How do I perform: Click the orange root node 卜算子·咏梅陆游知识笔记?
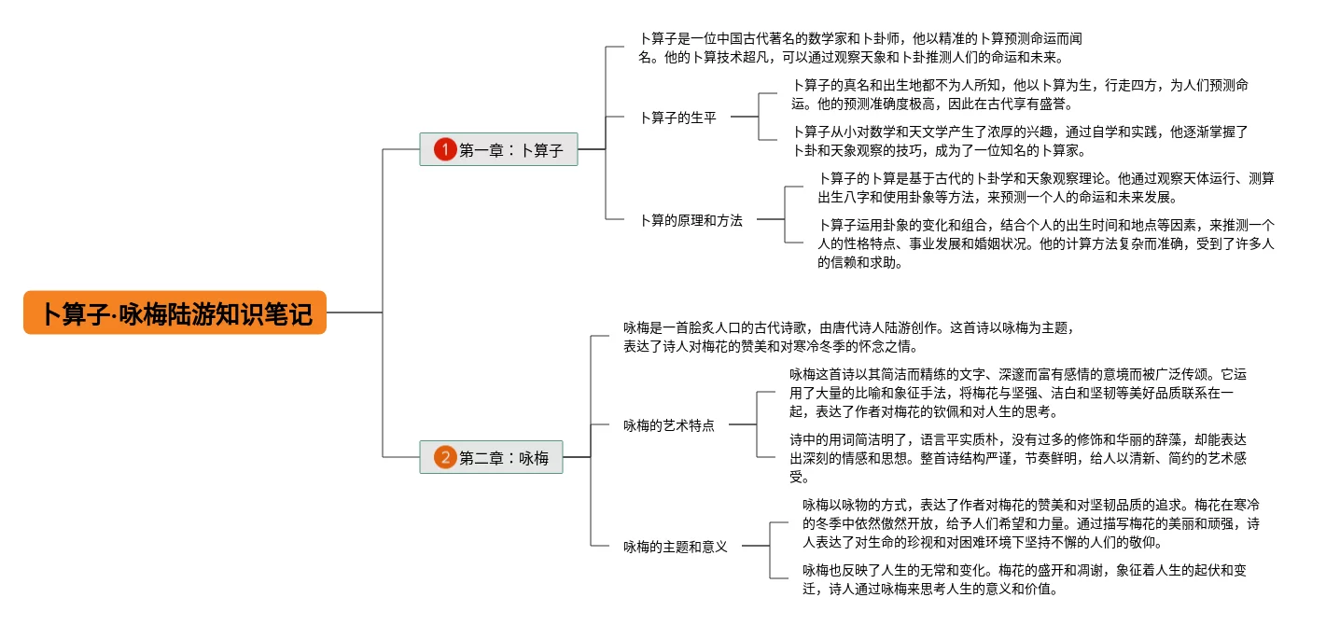coord(175,312)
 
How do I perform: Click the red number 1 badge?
coord(444,149)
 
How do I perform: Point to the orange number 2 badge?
coord(444,457)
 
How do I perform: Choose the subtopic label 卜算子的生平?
coord(677,118)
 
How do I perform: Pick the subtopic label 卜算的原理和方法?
coord(691,221)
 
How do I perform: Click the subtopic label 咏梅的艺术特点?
coord(669,425)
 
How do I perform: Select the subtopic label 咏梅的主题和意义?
coord(676,547)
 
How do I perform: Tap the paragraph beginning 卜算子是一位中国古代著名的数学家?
coord(858,48)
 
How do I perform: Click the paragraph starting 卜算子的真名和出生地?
coord(1020,94)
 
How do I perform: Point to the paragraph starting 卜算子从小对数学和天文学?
coord(1020,141)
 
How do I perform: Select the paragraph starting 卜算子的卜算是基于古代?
coord(1045,187)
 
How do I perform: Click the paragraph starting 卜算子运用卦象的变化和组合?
coord(1045,243)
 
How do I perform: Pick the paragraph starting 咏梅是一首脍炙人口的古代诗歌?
coord(849,337)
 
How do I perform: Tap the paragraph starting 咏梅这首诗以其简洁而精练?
coord(1017,393)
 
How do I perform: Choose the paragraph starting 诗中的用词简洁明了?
coord(1017,458)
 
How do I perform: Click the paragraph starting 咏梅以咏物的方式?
coord(1030,522)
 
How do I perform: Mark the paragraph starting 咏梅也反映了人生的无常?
coord(1024,579)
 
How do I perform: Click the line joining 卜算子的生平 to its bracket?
coord(745,118)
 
